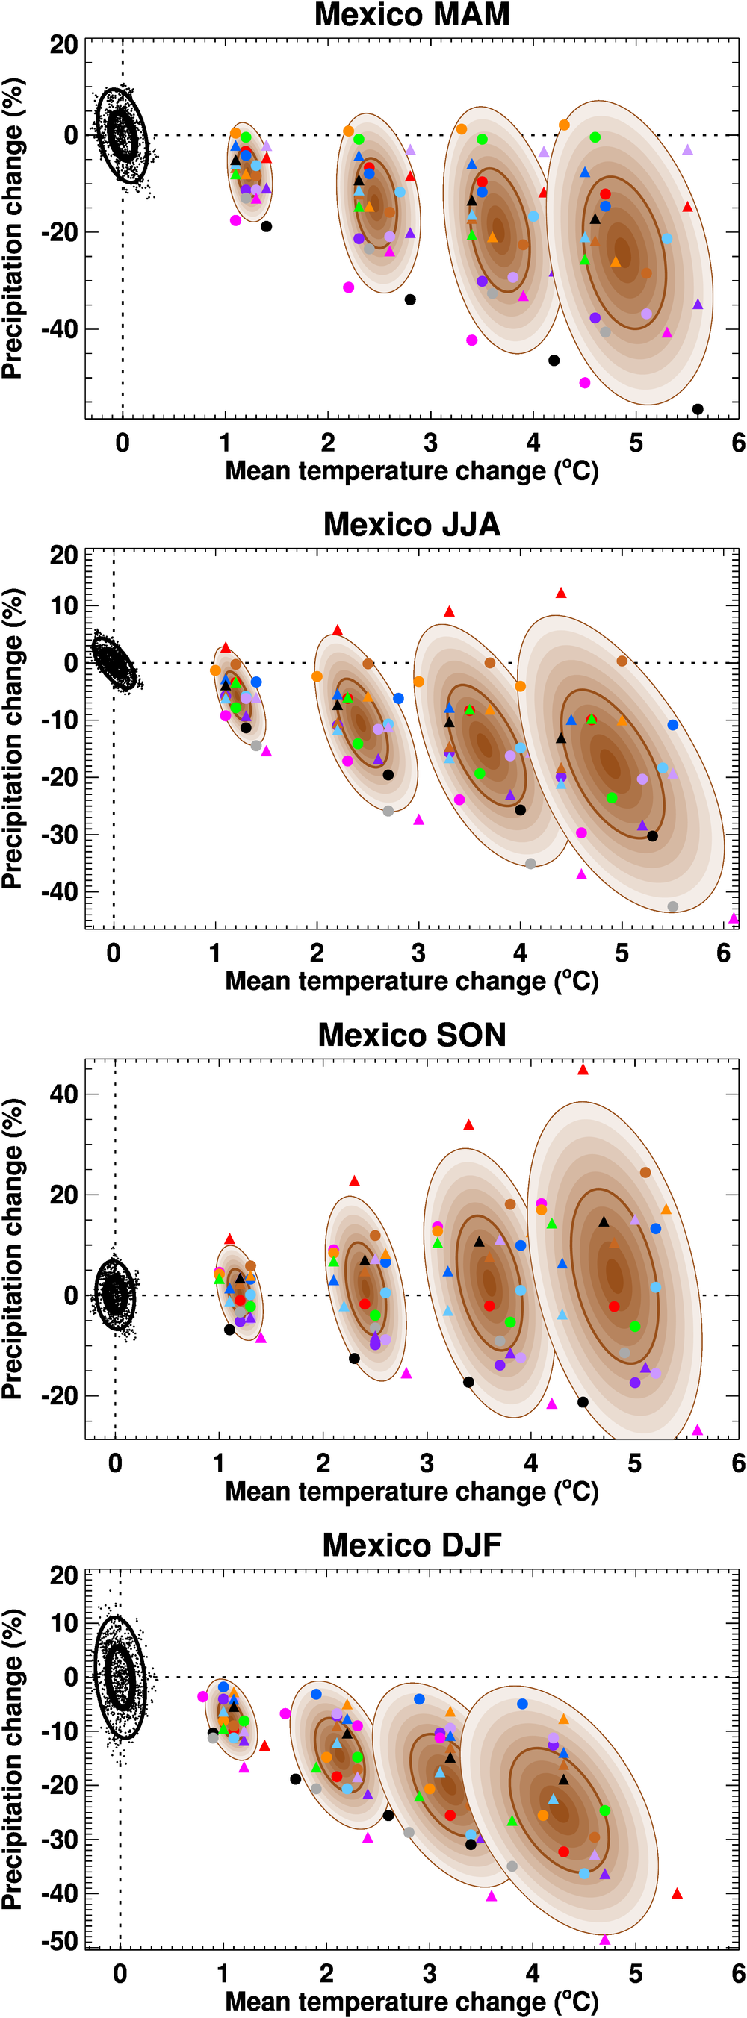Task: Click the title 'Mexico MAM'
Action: click(x=412, y=15)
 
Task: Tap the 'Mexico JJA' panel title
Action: click(x=412, y=525)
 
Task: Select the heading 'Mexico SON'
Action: click(x=412, y=1035)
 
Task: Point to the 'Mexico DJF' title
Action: click(x=412, y=1545)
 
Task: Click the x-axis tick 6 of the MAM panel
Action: click(x=737, y=443)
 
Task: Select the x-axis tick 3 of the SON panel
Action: click(x=427, y=1463)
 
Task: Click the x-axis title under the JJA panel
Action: click(x=412, y=982)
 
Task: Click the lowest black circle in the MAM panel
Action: click(x=698, y=409)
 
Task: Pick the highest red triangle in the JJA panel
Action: click(x=560, y=593)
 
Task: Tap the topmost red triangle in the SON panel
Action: click(x=583, y=1069)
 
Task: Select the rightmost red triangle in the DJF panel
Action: click(x=678, y=1893)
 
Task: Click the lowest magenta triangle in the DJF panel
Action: click(x=604, y=1940)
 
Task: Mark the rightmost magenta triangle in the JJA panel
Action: click(x=734, y=918)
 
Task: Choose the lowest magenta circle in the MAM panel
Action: click(x=585, y=382)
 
